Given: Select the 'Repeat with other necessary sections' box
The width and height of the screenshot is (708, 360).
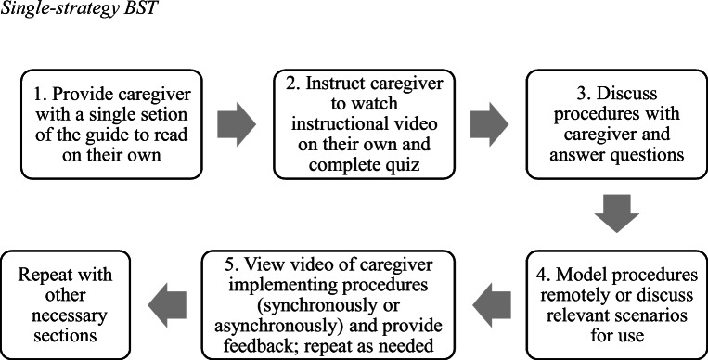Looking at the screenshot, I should [x=71, y=301].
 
